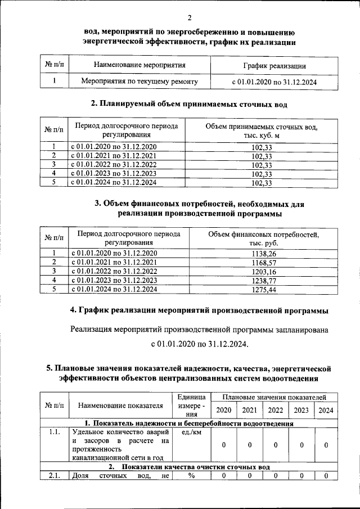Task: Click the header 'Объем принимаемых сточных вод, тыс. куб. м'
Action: [x=262, y=132]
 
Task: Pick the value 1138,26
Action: [x=263, y=254]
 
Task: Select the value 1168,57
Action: [x=263, y=263]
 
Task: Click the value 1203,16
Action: [x=263, y=272]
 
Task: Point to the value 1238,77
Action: [x=263, y=281]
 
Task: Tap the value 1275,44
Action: [x=263, y=290]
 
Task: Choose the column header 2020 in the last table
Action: [x=224, y=410]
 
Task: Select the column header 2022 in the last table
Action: [x=275, y=410]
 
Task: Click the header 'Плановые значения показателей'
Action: [x=274, y=397]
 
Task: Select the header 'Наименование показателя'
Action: [x=120, y=405]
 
